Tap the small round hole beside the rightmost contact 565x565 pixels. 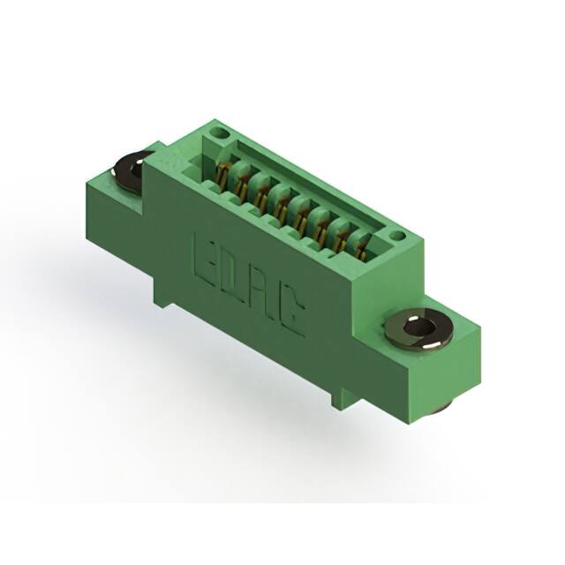(x=397, y=236)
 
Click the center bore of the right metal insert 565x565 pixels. (x=418, y=328)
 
